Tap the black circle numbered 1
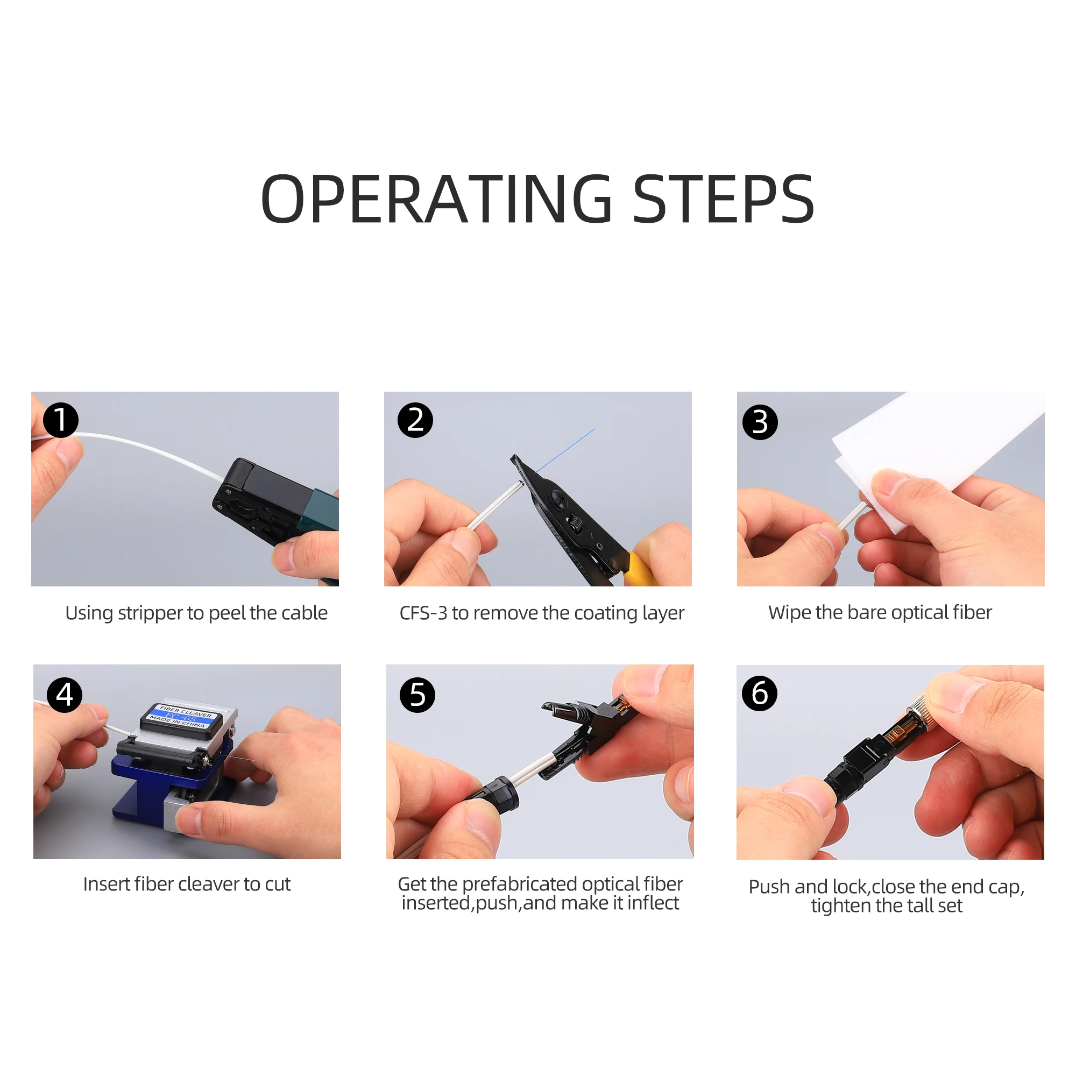(x=61, y=420)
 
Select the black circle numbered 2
(x=415, y=420)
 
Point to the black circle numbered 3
(x=760, y=422)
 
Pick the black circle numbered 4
(x=65, y=695)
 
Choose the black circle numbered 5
(x=417, y=695)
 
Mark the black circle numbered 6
(x=760, y=693)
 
